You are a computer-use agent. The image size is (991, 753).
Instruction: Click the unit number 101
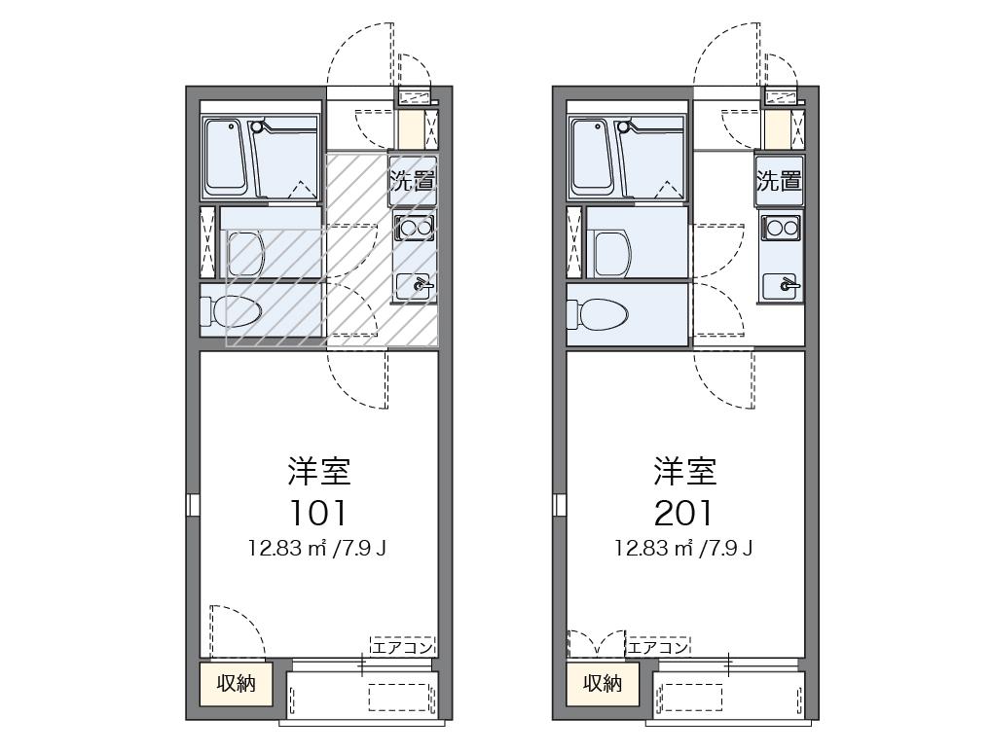point(318,512)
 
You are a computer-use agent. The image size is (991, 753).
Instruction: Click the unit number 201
point(684,512)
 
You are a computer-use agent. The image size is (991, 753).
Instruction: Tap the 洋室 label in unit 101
point(318,472)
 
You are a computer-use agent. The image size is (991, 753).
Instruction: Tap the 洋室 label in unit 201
point(684,472)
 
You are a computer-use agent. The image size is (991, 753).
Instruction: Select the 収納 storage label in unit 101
point(236,684)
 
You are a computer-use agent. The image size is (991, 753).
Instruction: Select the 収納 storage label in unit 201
point(602,684)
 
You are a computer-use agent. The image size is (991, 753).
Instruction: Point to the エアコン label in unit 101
point(401,647)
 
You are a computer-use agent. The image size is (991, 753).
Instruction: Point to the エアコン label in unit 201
point(658,647)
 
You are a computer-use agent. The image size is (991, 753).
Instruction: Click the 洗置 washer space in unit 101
point(412,180)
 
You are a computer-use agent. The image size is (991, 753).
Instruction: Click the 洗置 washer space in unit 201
point(779,180)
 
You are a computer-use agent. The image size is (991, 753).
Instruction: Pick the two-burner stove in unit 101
point(414,229)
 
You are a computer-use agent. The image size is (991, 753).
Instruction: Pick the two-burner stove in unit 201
point(781,229)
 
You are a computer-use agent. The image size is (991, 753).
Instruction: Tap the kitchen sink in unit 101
point(415,286)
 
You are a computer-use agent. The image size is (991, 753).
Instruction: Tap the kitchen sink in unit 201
point(782,286)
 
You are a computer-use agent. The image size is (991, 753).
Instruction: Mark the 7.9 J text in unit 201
point(733,549)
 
